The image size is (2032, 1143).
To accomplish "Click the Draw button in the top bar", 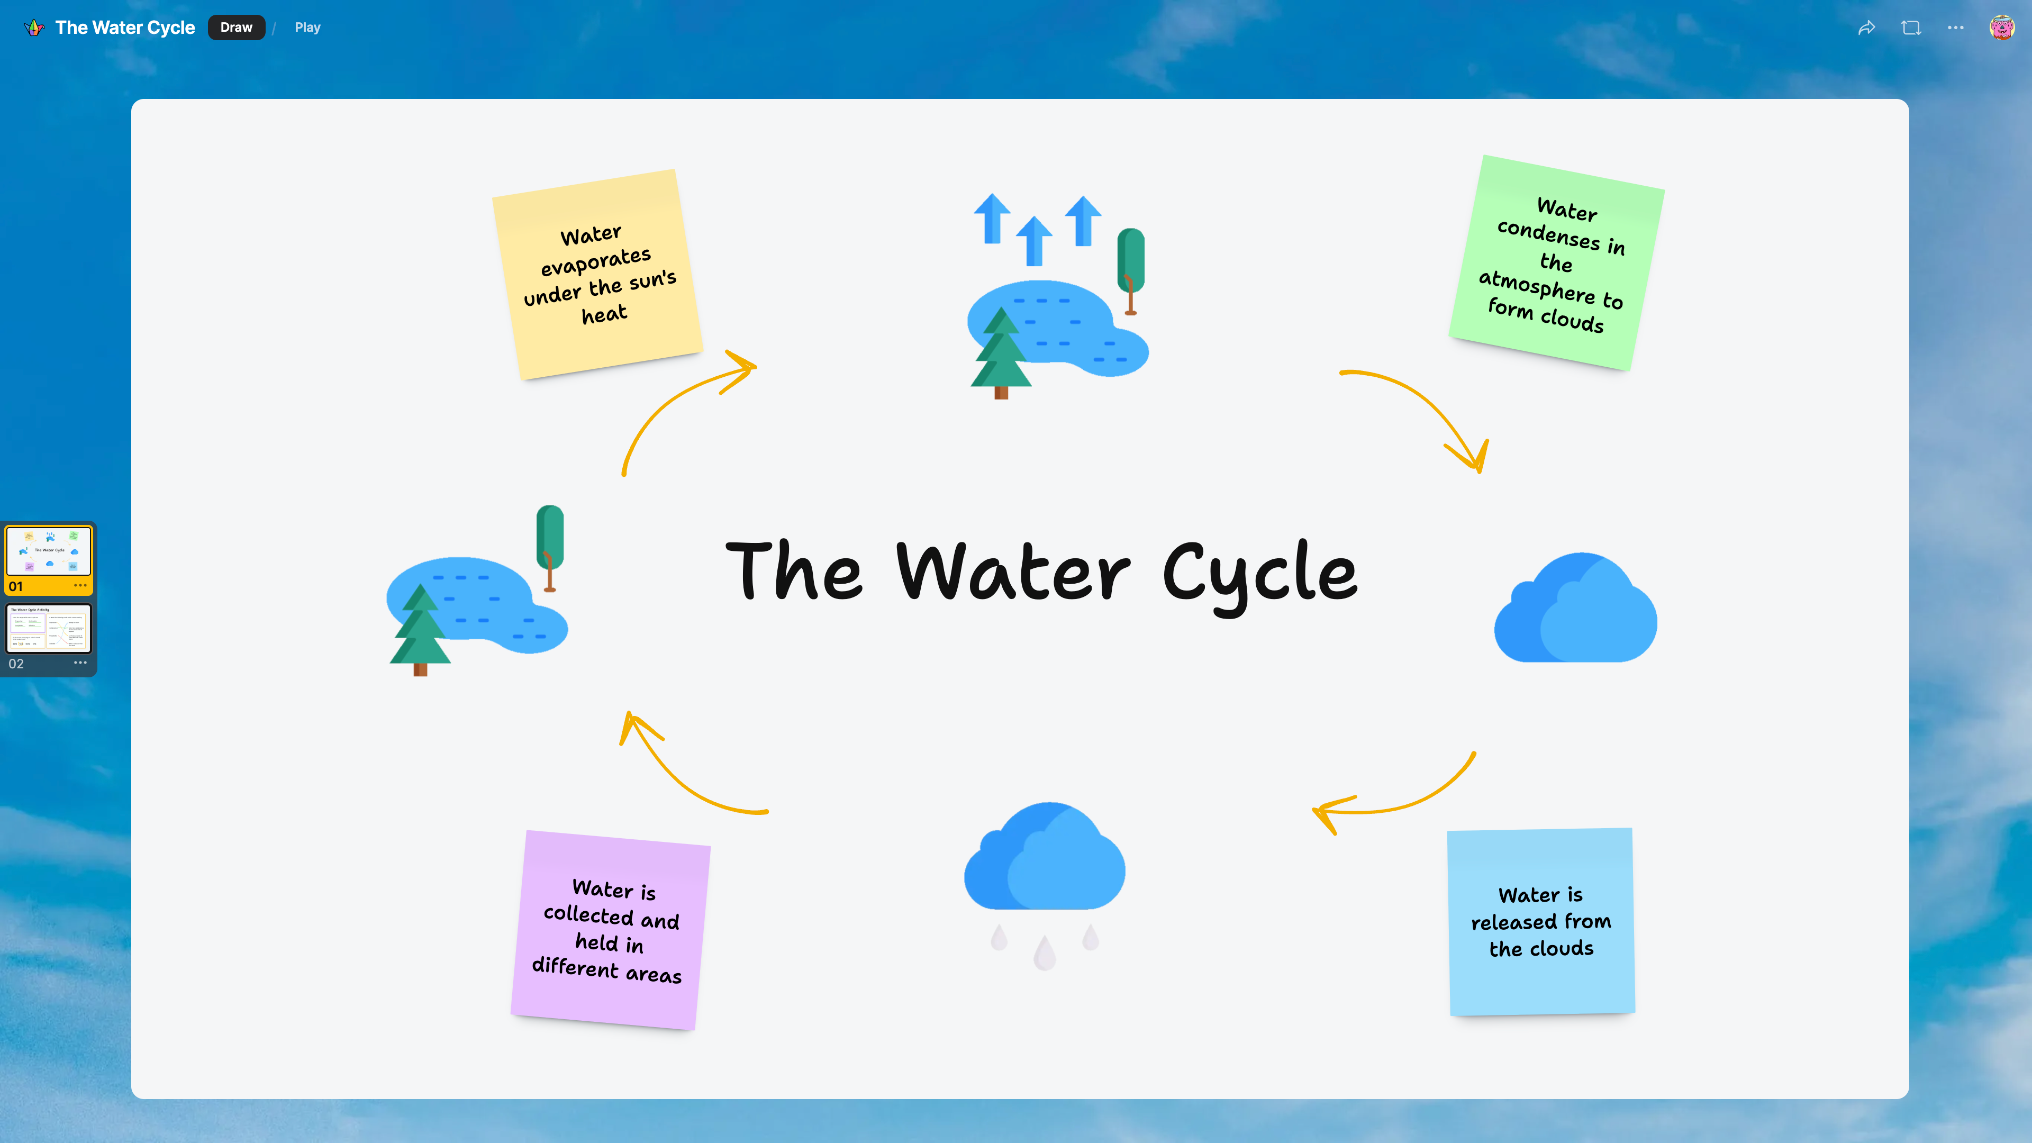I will pos(236,28).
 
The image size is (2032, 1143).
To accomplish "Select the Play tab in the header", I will pos(307,28).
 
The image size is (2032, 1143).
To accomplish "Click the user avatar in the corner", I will pos(2001,28).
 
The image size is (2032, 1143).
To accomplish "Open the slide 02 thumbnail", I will pos(49,629).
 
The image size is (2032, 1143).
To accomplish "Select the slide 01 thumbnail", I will pos(49,551).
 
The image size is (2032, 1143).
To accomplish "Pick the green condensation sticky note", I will pos(1556,262).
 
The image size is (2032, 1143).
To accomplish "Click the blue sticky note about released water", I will pos(1540,921).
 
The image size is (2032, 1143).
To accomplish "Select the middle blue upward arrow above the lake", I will pos(1034,241).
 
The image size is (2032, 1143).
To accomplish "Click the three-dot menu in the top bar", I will pos(1955,28).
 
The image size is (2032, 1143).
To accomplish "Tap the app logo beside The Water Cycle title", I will pos(34,28).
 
